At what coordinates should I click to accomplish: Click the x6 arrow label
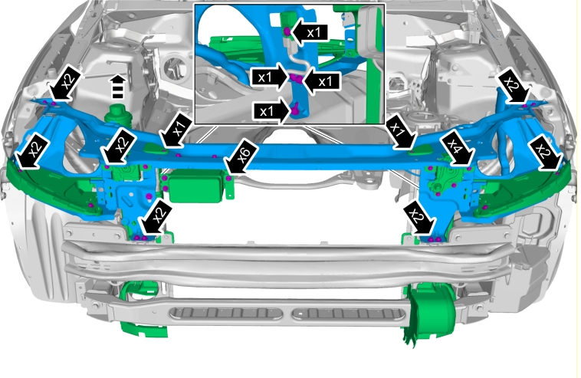[242, 156]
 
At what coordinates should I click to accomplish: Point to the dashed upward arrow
[118, 87]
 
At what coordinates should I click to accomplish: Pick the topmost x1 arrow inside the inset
[309, 33]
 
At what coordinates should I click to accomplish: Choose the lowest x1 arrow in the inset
[271, 111]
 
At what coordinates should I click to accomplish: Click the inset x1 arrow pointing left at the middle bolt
[322, 81]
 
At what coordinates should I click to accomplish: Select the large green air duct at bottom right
[430, 313]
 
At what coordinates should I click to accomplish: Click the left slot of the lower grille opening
[226, 313]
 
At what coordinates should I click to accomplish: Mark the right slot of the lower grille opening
[348, 314]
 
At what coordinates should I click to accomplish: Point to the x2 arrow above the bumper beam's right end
[419, 219]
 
